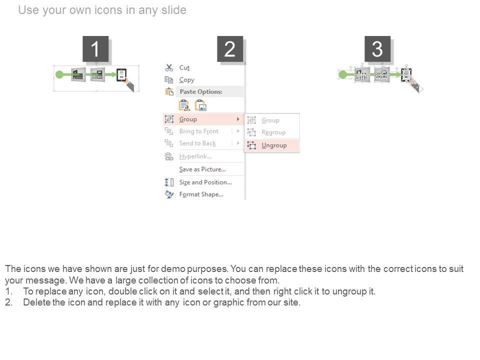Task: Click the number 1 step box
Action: coord(95,49)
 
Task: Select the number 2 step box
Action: coord(230,49)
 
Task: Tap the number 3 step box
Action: coord(377,49)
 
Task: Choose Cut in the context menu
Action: coord(184,67)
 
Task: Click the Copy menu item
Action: coord(186,80)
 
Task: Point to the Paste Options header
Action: coord(201,91)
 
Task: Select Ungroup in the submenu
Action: coord(274,145)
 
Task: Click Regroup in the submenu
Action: coord(273,132)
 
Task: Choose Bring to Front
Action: coord(199,131)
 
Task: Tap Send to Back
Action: coord(197,143)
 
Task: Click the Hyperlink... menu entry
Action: coord(195,156)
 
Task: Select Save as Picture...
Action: coord(202,169)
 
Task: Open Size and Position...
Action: coord(205,182)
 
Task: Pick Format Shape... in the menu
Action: coord(201,194)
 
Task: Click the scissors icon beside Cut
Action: coord(169,67)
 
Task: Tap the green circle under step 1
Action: coord(59,74)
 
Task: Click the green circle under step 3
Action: coord(343,74)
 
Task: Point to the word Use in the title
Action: coord(28,10)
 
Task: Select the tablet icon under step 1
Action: coord(121,74)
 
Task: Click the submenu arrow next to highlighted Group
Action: coord(238,119)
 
